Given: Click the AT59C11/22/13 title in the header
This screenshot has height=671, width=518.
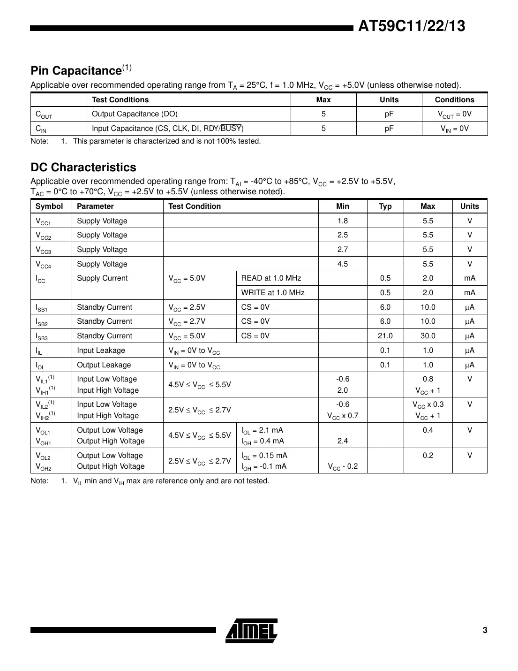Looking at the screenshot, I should click(x=412, y=26).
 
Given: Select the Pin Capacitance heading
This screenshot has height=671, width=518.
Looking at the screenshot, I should click(x=76, y=71).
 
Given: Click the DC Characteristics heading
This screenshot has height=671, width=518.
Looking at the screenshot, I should click(x=83, y=168).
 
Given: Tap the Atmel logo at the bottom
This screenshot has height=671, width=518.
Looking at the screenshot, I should click(x=251, y=630).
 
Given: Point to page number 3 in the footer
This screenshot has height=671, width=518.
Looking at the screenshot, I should click(x=485, y=630).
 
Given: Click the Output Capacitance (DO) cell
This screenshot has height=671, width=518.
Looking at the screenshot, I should click(x=135, y=114).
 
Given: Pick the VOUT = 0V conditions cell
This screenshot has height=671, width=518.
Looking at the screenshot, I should click(x=454, y=114).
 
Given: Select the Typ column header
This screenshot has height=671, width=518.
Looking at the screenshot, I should click(x=385, y=206).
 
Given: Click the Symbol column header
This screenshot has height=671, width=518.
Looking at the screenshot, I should click(x=49, y=206).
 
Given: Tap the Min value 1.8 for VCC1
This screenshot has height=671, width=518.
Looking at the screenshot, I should click(x=343, y=221).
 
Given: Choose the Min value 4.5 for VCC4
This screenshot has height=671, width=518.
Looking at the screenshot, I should click(x=343, y=264).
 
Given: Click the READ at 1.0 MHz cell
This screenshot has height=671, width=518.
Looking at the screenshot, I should click(x=271, y=278).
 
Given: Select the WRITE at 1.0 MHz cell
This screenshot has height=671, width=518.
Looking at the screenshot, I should click(x=273, y=293).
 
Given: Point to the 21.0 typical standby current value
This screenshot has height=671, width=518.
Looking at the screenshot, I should click(x=385, y=336).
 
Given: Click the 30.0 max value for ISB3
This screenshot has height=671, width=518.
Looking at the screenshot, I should click(x=428, y=336).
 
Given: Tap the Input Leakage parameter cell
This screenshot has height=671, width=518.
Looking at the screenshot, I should click(x=101, y=351).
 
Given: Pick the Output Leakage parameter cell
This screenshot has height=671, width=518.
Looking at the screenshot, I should click(x=104, y=365).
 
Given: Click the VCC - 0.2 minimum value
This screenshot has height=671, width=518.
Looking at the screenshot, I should click(x=343, y=466).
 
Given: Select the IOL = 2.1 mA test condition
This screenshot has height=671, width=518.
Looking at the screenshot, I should click(x=262, y=430).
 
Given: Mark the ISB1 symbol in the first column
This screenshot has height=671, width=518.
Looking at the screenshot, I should click(x=41, y=308).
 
